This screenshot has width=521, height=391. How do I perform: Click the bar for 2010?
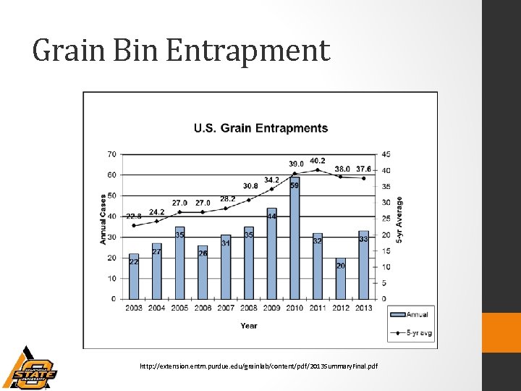pos(295,239)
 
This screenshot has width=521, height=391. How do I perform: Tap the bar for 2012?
pos(341,279)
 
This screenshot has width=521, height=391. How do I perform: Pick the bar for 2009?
pos(272,253)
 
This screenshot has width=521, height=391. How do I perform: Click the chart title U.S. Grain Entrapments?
pos(260,129)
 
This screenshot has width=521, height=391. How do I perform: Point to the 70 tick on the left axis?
pos(111,154)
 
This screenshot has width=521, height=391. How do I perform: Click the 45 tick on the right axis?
pos(386,154)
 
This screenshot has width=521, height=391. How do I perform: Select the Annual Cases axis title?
pos(103,218)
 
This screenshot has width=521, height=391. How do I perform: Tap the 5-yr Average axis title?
pos(399,219)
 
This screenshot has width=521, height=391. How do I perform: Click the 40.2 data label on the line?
pos(317,161)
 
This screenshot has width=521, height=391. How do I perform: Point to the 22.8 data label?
pos(134,216)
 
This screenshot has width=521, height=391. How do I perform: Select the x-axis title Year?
pos(249,325)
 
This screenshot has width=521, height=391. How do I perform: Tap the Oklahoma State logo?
pos(29,369)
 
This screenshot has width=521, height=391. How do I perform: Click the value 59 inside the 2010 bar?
pos(295,185)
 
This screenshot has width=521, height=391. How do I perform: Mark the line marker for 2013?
pos(364,178)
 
